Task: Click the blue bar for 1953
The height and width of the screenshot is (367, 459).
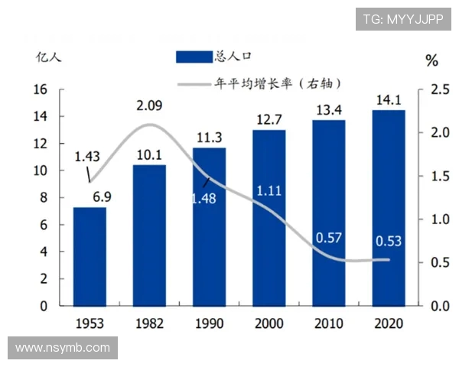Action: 90,256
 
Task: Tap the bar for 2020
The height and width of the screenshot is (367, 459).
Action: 388,207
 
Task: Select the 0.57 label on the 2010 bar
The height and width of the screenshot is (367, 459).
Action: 328,238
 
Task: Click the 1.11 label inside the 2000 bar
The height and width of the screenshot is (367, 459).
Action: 269,190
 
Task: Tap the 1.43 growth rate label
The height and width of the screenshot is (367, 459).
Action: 87,157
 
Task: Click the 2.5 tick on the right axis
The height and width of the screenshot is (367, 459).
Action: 440,90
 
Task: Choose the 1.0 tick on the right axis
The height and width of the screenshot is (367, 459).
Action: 440,219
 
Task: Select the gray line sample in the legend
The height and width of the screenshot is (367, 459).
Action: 194,83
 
